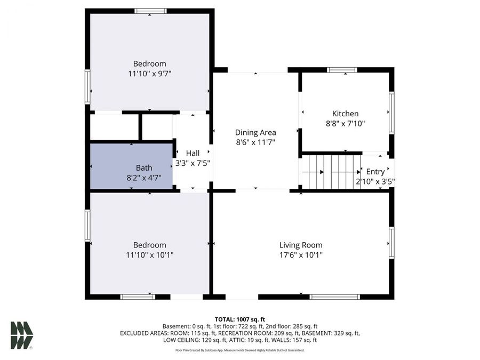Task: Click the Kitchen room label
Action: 345,114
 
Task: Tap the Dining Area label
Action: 255,132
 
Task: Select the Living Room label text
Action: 301,245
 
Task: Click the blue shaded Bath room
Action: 131,165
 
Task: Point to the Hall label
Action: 193,153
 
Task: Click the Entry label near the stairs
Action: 375,172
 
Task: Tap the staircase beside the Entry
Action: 331,172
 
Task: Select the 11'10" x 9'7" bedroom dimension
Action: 149,74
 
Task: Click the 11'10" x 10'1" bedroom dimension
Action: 149,255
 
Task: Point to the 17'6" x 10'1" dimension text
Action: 301,255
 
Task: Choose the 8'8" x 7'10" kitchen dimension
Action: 345,123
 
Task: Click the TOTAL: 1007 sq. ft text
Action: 239,319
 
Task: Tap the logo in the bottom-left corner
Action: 22,335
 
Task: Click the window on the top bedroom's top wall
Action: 150,11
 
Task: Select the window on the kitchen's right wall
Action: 391,113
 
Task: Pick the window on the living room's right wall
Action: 391,243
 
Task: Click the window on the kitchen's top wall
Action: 342,69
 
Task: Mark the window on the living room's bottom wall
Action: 335,297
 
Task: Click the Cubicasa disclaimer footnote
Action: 239,350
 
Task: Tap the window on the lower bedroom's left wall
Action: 87,226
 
